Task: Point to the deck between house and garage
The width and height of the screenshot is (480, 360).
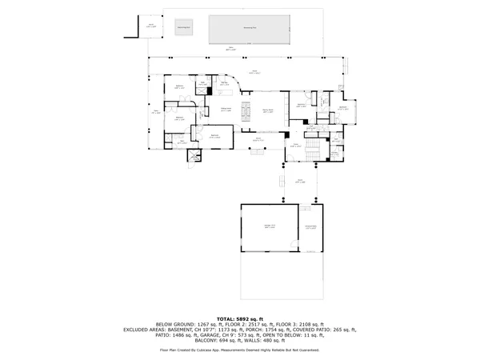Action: pos(300,182)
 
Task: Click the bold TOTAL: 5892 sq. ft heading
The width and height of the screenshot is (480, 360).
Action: pos(240,318)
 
